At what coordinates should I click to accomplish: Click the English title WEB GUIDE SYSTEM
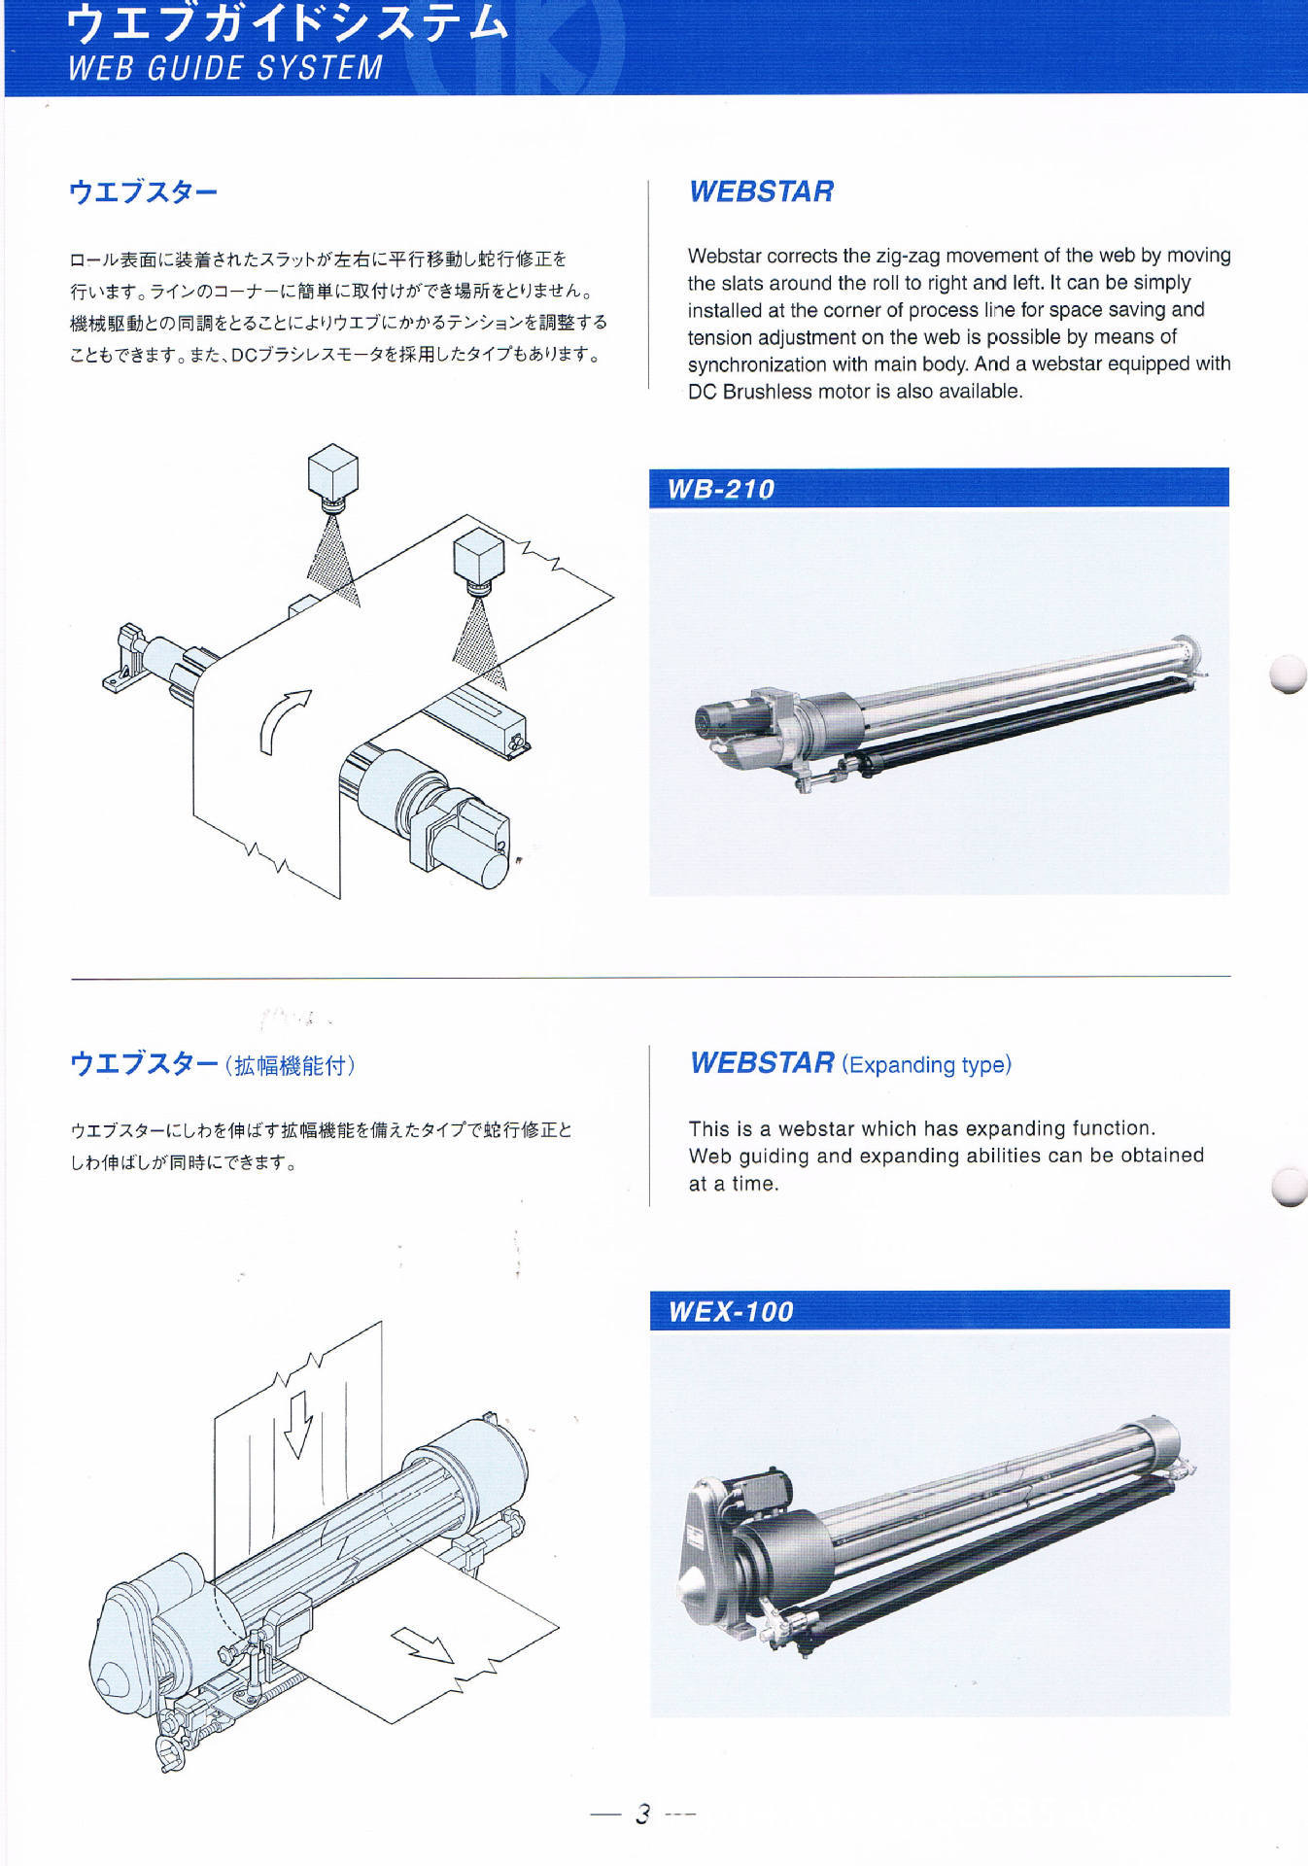point(225,68)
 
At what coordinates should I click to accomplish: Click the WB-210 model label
point(720,489)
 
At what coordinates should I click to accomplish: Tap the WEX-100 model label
point(731,1311)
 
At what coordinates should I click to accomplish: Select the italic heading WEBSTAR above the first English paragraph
point(761,191)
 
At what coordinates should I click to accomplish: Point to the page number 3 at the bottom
point(642,1814)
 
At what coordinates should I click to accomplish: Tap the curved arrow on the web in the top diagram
point(285,720)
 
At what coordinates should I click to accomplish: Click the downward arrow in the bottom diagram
point(297,1423)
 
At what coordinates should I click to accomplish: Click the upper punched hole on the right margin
point(1290,674)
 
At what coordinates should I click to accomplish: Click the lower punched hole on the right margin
point(1291,1186)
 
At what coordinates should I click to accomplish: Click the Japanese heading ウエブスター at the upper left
point(143,191)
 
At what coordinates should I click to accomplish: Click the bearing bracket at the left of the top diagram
point(124,660)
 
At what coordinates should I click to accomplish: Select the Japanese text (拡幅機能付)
point(290,1065)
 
